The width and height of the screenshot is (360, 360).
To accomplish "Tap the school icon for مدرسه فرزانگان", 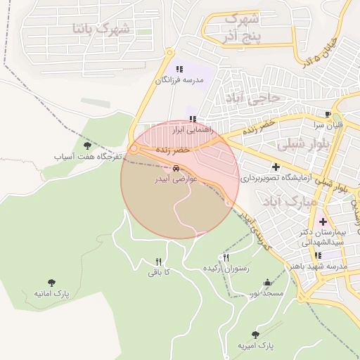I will click(179, 69).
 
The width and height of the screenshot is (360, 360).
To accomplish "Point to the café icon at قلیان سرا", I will click(328, 114).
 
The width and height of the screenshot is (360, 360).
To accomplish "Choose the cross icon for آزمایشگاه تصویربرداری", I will click(276, 167).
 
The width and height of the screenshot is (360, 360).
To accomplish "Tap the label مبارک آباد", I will click(281, 201).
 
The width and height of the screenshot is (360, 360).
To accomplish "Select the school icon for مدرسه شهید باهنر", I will click(318, 255).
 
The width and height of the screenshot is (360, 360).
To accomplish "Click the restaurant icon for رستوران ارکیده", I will click(226, 258).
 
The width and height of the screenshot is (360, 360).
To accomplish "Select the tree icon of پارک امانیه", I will click(51, 283).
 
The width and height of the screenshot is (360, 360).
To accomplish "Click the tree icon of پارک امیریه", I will click(255, 335).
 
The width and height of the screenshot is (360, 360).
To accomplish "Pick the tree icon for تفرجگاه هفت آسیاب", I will click(87, 146).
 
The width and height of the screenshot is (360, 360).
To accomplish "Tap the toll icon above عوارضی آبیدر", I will click(176, 169).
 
